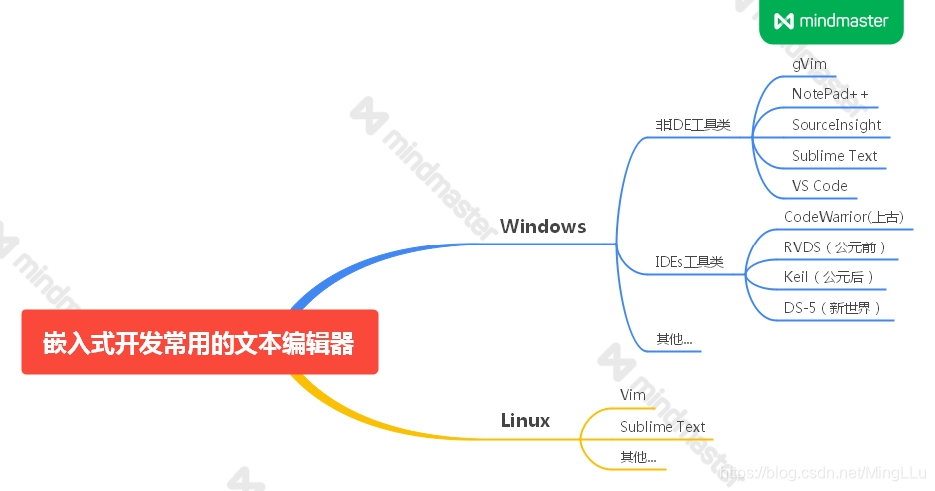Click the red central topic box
pyautogui.click(x=200, y=342)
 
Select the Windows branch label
pyautogui.click(x=543, y=226)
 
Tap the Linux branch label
pyautogui.click(x=525, y=420)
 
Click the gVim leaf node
pyautogui.click(x=809, y=64)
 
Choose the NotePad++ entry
pyautogui.click(x=830, y=94)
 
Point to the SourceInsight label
pyautogui.click(x=836, y=125)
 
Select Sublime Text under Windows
pyautogui.click(x=834, y=156)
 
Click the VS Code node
pyautogui.click(x=819, y=186)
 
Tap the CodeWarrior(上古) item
pyautogui.click(x=843, y=217)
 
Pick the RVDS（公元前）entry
pyautogui.click(x=835, y=246)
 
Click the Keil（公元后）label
pyautogui.click(x=828, y=277)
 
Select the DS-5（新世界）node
pyautogui.click(x=832, y=308)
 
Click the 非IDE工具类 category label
pyautogui.click(x=693, y=125)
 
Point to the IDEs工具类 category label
pyautogui.click(x=689, y=262)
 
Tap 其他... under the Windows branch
pyautogui.click(x=673, y=339)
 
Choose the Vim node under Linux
pyautogui.click(x=632, y=396)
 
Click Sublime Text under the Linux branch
pyautogui.click(x=662, y=427)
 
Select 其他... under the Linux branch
pyautogui.click(x=638, y=457)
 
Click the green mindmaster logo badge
pyautogui.click(x=831, y=21)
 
